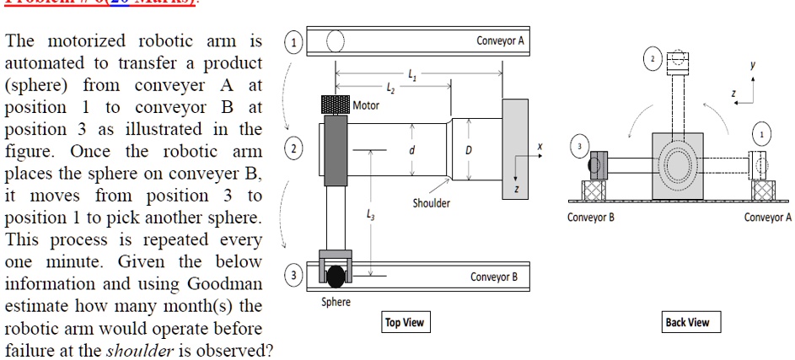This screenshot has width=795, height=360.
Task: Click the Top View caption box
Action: pos(405,323)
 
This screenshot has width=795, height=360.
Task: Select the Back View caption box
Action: pos(687,323)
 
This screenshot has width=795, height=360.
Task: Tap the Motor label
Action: pos(366,105)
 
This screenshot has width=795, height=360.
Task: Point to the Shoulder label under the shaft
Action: pos(431,203)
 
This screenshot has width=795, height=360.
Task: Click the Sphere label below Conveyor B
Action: pos(336,302)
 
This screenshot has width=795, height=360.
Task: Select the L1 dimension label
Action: pos(411,74)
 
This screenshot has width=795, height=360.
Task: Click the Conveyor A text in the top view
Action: pos(500,40)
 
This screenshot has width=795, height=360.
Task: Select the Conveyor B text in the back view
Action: pos(590,218)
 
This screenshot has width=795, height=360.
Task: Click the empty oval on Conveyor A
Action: pos(335,40)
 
